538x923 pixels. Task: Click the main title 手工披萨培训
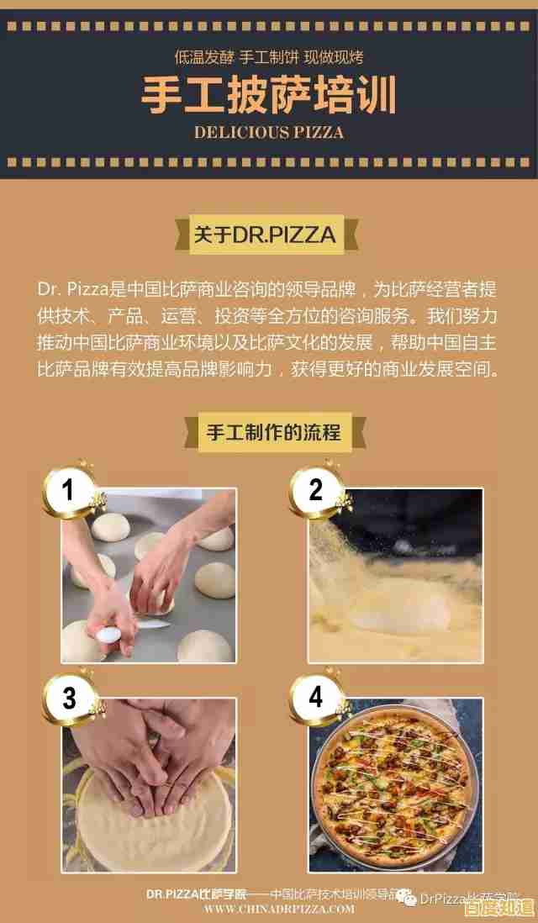(268, 97)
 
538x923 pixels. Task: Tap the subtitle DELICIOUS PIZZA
(268, 133)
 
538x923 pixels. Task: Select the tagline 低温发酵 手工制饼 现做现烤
(268, 58)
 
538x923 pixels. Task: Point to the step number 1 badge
(69, 489)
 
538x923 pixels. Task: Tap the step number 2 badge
(315, 489)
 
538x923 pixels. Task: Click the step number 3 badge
(69, 697)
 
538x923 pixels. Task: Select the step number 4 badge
(315, 697)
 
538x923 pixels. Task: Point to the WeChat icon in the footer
(407, 896)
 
